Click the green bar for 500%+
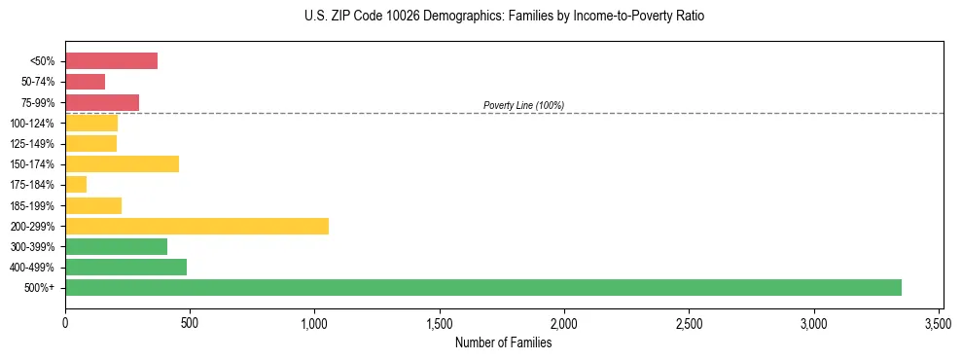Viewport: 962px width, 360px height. coord(483,287)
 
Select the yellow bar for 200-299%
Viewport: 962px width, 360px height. coord(196,226)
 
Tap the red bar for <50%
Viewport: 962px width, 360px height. coord(111,61)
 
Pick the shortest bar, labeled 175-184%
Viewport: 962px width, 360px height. coord(76,185)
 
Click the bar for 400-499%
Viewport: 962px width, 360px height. coord(125,267)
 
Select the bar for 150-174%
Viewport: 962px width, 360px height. coord(122,163)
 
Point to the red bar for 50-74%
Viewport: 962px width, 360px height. coord(85,82)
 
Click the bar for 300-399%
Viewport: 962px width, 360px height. coord(116,246)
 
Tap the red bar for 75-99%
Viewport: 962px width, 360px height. coord(102,102)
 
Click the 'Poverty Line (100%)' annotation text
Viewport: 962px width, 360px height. coord(523,105)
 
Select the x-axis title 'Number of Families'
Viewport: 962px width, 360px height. coord(503,342)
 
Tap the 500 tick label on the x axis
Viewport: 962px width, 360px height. coord(190,322)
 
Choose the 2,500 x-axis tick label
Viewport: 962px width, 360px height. coord(689,322)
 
